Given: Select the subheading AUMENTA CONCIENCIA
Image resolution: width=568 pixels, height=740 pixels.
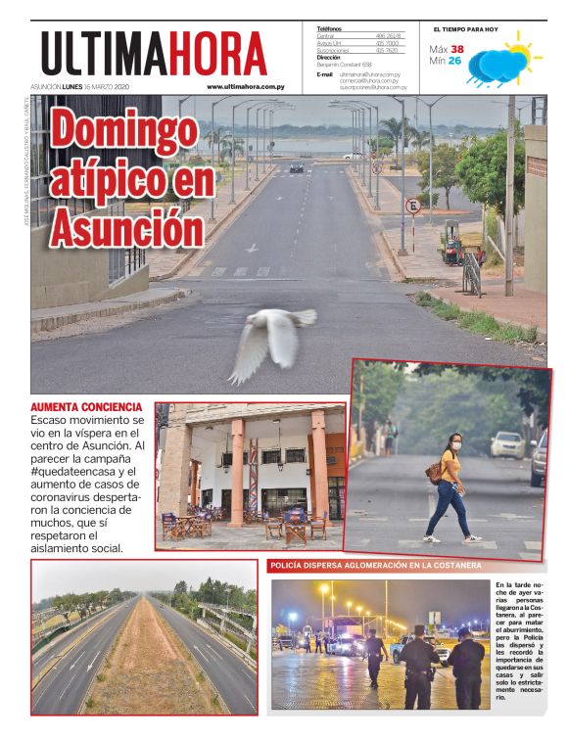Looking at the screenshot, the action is pyautogui.click(x=86, y=406).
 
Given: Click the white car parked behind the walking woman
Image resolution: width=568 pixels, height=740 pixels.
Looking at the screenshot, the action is pyautogui.click(x=507, y=445).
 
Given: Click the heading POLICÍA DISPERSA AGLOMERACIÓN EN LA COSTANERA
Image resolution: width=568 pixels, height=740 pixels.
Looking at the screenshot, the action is pyautogui.click(x=375, y=566).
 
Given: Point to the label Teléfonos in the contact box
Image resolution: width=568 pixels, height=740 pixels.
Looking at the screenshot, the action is pyautogui.click(x=330, y=28).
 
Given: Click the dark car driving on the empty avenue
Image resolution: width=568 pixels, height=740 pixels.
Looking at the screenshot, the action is pyautogui.click(x=296, y=168).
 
